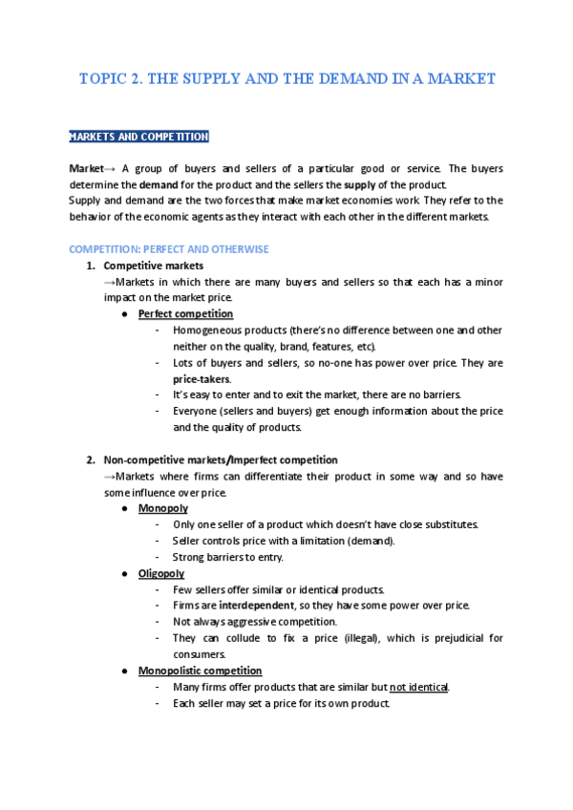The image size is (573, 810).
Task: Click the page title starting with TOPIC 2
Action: tap(286, 79)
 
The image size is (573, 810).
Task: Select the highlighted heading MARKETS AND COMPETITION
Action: tap(138, 138)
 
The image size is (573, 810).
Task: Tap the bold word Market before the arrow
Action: tap(86, 168)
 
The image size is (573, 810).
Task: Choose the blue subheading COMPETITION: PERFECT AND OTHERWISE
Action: tap(169, 249)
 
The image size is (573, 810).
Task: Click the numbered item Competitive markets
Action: tap(153, 266)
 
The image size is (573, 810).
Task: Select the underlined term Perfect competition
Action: tap(185, 314)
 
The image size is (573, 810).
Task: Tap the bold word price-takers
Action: tap(201, 379)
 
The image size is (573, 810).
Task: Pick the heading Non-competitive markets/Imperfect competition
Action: tap(220, 459)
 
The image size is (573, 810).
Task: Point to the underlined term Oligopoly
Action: tap(161, 573)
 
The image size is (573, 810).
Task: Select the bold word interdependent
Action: tap(256, 606)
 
